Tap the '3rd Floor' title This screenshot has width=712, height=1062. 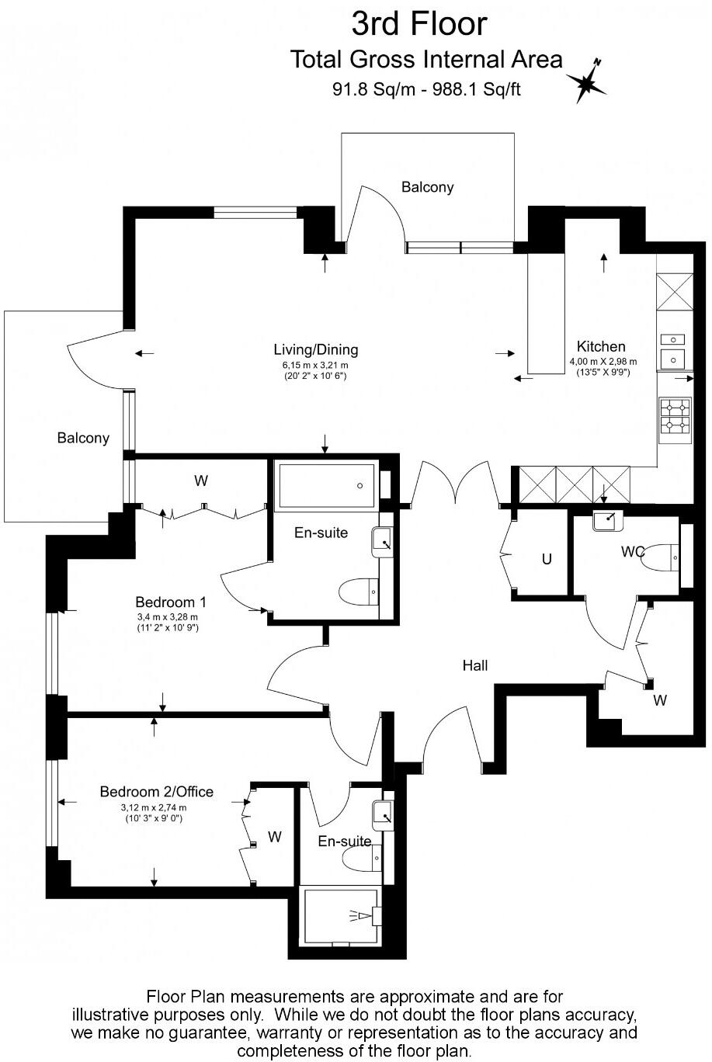419,24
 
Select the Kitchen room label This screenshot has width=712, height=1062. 601,346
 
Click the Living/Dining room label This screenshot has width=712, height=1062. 316,350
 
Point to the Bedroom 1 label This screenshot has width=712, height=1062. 171,602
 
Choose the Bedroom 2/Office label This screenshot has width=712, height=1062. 156,791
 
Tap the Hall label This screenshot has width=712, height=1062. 475,665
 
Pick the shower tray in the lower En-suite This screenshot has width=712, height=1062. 341,917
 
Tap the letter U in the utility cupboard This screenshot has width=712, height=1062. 547,560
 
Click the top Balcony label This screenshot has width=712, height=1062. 427,187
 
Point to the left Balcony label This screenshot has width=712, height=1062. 83,438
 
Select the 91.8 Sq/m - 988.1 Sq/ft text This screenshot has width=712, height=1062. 426,89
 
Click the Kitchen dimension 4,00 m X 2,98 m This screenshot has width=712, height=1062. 603,362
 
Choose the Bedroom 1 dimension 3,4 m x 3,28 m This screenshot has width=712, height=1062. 168,617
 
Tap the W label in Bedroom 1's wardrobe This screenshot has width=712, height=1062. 200,481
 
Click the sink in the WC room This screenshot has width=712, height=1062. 607,521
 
